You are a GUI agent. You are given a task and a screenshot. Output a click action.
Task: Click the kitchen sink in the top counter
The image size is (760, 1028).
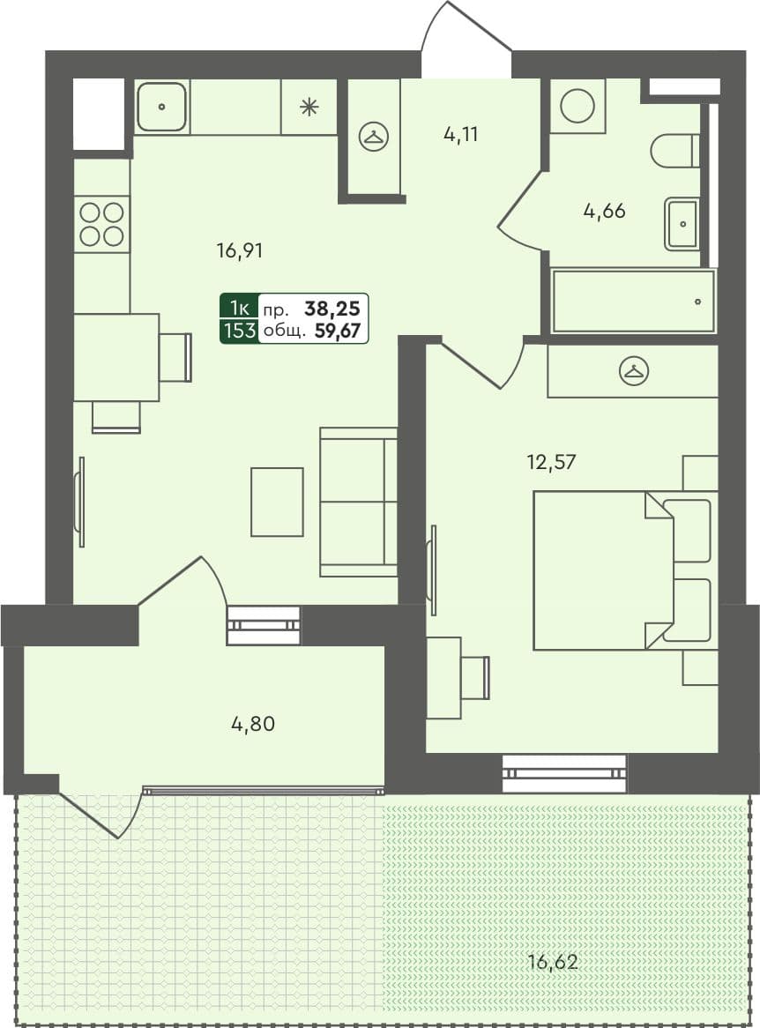[162, 108]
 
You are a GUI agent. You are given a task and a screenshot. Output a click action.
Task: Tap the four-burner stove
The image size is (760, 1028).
[101, 224]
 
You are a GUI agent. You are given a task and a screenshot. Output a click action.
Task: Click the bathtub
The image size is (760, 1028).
[633, 302]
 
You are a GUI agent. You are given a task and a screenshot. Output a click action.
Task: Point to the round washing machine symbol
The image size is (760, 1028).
[577, 106]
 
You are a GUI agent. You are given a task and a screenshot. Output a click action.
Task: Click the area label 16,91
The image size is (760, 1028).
[240, 251]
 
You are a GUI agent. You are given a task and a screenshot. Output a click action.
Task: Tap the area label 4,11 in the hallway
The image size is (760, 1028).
[463, 135]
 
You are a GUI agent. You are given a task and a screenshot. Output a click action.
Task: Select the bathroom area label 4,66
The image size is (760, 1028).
[605, 211]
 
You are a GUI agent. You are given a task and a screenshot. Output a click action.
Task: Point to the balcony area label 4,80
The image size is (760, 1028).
[253, 725]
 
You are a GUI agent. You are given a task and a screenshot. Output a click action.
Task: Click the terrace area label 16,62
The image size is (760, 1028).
[554, 961]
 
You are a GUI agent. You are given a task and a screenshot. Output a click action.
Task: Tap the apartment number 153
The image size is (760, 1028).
[240, 331]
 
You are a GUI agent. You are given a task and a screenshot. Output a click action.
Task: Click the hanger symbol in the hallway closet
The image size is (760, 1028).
[374, 137]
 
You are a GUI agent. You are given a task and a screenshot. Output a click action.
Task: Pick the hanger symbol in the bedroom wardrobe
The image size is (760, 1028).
[633, 371]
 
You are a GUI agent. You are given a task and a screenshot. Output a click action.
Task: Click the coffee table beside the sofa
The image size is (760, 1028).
[277, 502]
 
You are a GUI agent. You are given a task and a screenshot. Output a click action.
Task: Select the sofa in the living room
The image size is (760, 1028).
[358, 502]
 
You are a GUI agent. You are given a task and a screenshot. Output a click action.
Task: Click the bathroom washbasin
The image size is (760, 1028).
[682, 223]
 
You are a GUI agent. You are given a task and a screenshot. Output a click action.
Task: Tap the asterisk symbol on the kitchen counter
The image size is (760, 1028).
[309, 108]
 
